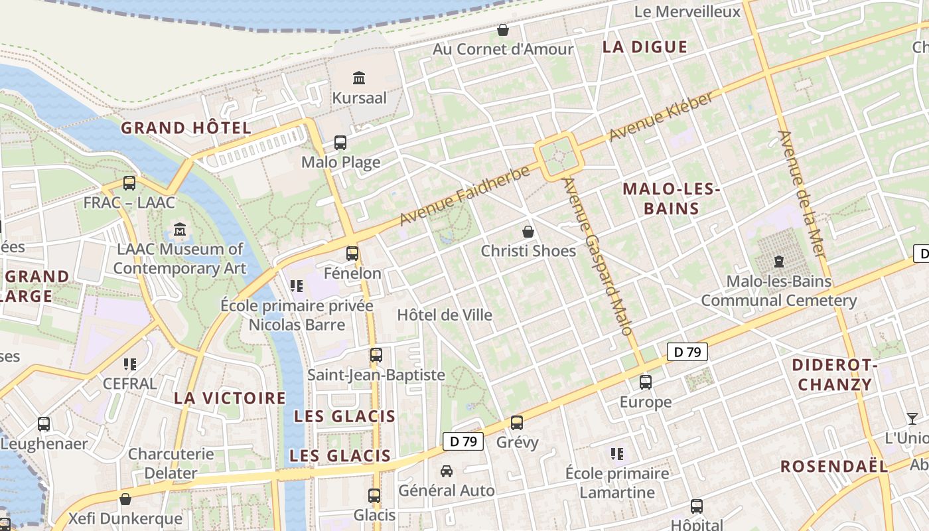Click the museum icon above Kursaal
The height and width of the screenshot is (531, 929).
359,78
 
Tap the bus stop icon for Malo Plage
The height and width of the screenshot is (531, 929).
340,143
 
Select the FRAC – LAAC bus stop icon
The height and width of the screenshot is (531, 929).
129,183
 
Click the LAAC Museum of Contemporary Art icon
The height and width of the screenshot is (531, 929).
179,230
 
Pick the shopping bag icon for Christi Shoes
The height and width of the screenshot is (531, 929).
528,232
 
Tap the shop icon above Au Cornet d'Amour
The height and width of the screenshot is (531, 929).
503,30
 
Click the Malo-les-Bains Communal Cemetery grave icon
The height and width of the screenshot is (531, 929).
779,262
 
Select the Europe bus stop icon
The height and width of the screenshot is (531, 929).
645,382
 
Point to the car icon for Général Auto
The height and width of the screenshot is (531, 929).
447,471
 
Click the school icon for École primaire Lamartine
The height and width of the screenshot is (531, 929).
617,454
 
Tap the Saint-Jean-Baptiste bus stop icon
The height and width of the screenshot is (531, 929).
376,355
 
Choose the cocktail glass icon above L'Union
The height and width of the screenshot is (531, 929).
912,418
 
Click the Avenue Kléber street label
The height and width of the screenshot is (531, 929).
661,116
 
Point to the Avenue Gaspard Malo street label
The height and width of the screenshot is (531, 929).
598,256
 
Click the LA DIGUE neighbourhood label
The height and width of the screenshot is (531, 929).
644,47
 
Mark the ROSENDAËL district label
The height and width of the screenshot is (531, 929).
833,466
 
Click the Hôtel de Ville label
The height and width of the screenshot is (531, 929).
445,315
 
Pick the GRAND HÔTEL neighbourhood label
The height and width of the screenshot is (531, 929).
186,128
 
